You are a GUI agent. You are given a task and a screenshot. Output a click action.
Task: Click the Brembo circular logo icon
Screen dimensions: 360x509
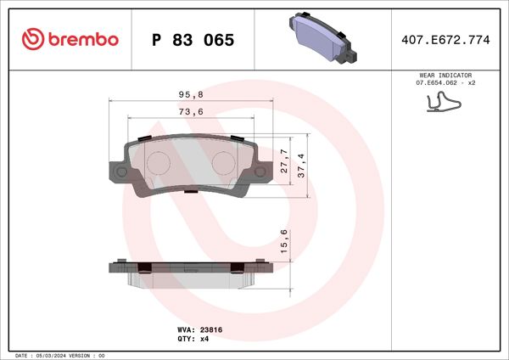click(x=31, y=39)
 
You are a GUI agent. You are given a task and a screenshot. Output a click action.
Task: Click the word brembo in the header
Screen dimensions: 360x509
click(x=82, y=40)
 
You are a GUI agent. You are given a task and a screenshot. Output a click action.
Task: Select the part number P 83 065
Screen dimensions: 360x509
click(x=193, y=40)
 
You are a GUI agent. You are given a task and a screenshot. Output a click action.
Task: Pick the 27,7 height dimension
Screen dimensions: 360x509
click(x=283, y=160)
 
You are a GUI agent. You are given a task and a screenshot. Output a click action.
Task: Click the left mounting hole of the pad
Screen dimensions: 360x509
click(x=120, y=172)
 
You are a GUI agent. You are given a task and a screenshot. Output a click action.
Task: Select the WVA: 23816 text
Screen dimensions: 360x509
click(x=199, y=328)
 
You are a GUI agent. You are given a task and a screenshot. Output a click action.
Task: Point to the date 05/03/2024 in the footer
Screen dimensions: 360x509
click(x=58, y=355)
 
